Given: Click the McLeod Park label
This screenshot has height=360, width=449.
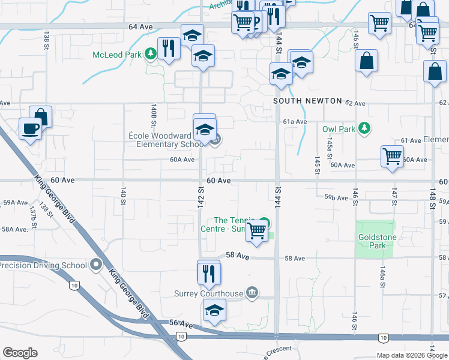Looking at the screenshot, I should [x=116, y=55].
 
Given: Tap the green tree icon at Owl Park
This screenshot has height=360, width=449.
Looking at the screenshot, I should [x=363, y=128].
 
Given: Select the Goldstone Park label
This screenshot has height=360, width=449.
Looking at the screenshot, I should [x=375, y=241].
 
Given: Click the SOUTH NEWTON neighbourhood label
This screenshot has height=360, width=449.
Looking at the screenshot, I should [x=307, y=101].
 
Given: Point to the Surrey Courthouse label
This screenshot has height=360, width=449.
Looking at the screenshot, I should [x=208, y=293].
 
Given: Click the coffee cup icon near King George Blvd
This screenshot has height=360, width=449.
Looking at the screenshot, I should [x=30, y=128].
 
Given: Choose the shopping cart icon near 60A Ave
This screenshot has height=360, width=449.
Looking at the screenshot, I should [x=392, y=156].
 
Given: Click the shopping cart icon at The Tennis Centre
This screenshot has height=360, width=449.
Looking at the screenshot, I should [x=257, y=230].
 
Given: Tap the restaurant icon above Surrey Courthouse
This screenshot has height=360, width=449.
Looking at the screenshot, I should [x=209, y=273].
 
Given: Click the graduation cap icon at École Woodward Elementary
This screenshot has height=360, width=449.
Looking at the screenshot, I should [x=205, y=130].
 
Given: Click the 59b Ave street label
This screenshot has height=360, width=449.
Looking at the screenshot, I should [x=336, y=197].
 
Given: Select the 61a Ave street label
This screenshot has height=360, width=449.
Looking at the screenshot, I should [x=295, y=121].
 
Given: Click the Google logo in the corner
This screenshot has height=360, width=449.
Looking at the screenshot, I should [x=20, y=353].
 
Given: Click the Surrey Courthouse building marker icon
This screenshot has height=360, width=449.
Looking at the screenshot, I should [x=252, y=293].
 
